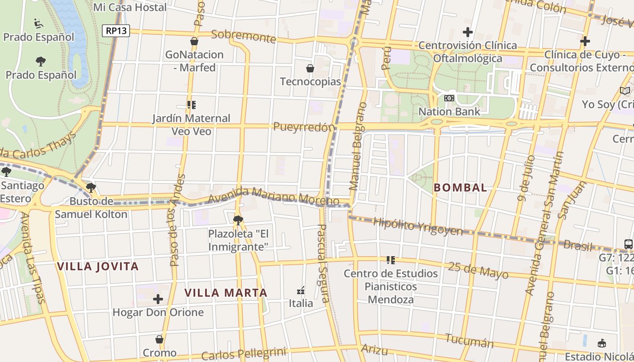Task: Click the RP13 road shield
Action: (116, 31)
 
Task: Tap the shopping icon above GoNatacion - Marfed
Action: (194, 42)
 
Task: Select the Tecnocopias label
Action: (310, 81)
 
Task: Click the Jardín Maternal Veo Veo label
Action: (191, 124)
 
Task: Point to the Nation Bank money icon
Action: (449, 98)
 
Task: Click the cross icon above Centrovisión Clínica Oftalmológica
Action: (468, 32)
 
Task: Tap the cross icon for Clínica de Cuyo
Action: (585, 42)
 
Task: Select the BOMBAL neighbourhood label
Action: (460, 187)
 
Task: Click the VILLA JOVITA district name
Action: (98, 266)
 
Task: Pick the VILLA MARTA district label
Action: (226, 293)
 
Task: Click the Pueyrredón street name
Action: (304, 127)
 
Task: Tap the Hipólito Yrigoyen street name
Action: (418, 227)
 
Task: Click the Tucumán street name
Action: (469, 340)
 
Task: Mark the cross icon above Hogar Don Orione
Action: (158, 299)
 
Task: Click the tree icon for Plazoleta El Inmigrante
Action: (238, 220)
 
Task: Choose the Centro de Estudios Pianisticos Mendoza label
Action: (390, 286)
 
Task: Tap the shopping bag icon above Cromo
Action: (159, 339)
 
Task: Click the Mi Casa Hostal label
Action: (130, 7)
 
